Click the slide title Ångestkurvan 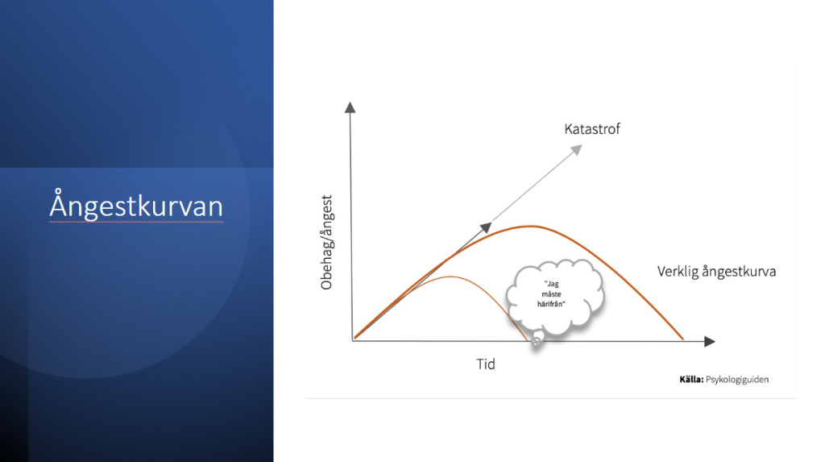coord(136,205)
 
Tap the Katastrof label coord(592,129)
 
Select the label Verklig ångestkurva coord(716,272)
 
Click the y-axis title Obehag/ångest coord(327,243)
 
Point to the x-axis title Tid coord(486,364)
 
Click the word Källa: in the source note coord(690,379)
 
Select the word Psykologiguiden coord(737,380)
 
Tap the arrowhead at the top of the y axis coord(350,107)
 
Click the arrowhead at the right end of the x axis coord(710,341)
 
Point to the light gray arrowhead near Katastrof coord(577,150)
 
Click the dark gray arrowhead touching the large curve coord(486,227)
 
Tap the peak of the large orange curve coord(532,227)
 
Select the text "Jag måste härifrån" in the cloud coord(551,294)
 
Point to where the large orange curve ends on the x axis coord(683,339)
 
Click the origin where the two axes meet coord(353,340)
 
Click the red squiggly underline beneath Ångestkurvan coord(136,223)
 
